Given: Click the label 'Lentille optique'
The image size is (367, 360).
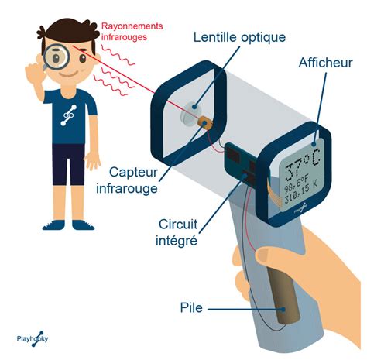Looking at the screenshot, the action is point(239,37).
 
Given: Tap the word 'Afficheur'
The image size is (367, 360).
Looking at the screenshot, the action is point(325,63).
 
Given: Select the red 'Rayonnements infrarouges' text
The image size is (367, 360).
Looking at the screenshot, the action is point(132,32).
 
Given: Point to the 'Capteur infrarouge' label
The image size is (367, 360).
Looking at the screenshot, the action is point(127,180).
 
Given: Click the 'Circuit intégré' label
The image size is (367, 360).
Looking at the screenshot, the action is point(177,232).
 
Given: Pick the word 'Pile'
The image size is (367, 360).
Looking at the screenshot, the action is point(191,307).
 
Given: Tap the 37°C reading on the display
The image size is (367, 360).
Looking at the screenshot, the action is point(303,164).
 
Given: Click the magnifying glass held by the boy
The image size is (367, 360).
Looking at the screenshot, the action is point(55,57).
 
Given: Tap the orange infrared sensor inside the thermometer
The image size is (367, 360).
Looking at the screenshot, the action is point(204,122).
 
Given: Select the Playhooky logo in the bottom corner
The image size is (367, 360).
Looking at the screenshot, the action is point(33,338).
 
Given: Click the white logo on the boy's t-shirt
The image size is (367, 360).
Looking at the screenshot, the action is point(68,115).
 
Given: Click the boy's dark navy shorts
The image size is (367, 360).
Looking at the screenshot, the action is point(69,164).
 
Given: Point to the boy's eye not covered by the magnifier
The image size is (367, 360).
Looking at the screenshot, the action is point(83,59).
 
